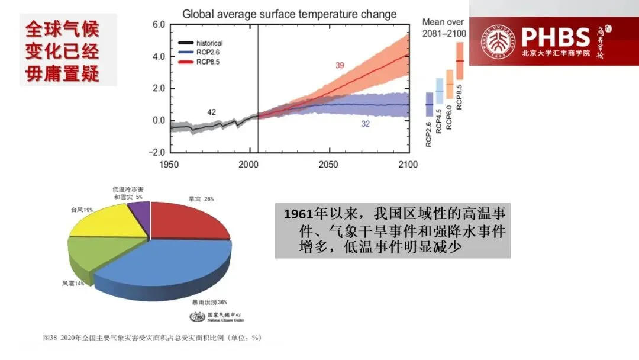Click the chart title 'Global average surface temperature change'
(x=289, y=14)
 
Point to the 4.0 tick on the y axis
(x=159, y=57)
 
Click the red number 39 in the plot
(x=339, y=65)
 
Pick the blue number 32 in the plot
(x=365, y=124)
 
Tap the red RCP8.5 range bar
(x=459, y=62)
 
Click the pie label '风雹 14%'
(x=73, y=284)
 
